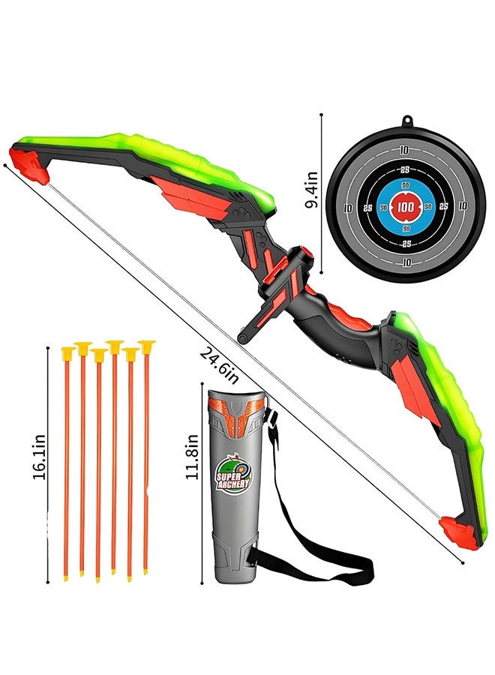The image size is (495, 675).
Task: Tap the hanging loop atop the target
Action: [406, 122]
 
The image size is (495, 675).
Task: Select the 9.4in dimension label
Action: [311, 190]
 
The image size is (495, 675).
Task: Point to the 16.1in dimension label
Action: [39, 457]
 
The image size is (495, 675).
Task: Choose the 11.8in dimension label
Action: [192, 456]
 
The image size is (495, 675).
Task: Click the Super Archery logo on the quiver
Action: [232, 473]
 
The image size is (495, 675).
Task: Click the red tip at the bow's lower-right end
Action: [458, 533]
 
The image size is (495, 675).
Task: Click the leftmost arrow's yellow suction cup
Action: [68, 353]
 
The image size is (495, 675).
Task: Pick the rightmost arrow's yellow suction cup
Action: [146, 347]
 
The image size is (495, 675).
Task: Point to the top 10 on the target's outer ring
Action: [403, 150]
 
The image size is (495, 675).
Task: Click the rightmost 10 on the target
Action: [463, 206]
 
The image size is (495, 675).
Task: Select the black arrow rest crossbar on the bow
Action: [275, 292]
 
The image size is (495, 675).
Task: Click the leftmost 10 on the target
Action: [348, 208]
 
